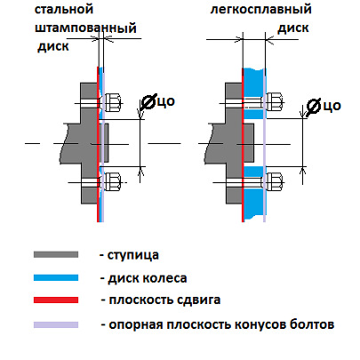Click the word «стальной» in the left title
pos(64,10)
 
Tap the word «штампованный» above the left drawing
pos(85,28)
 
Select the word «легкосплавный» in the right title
pos(261,10)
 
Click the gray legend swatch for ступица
pos(56,254)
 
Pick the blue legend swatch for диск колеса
pos(56,277)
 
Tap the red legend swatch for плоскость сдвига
pos(56,300)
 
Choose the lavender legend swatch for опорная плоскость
pos(56,324)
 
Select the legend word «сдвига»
pos(198,300)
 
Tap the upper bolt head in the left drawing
pos(112,102)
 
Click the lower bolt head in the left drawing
pos(112,181)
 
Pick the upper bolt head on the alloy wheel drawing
pos(274,102)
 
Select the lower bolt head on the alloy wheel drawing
pos(274,181)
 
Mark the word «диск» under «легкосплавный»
pos(293,28)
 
